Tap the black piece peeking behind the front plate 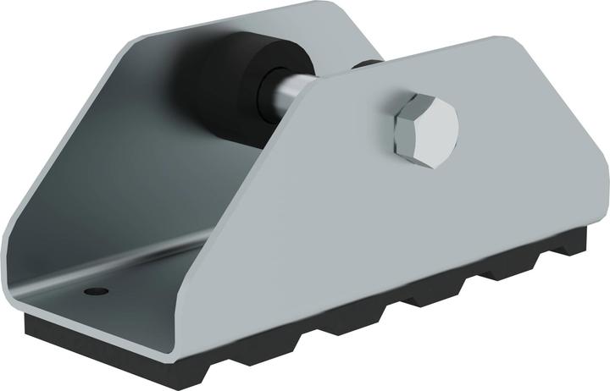pos(365,65)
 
